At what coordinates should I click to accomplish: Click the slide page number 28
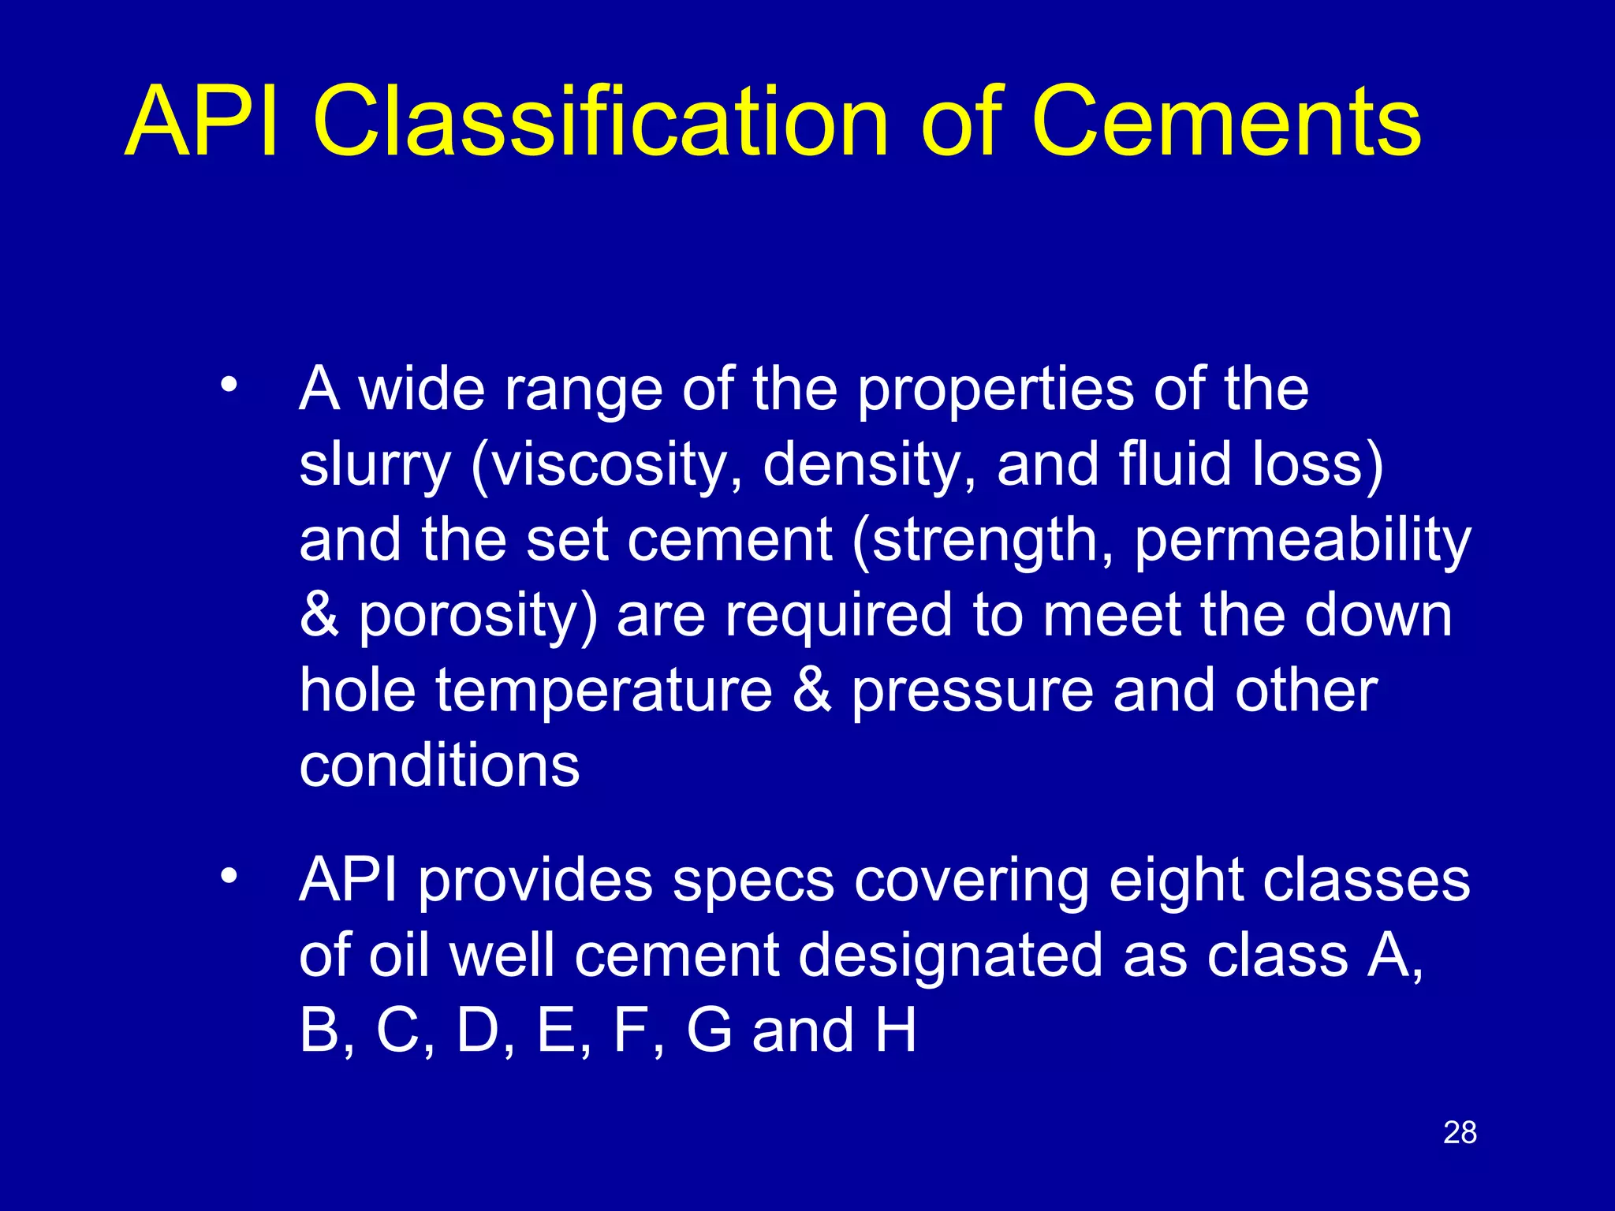click(1460, 1133)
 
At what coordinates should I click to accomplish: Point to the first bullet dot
click(229, 385)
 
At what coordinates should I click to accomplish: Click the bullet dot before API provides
click(229, 876)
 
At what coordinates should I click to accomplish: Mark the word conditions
click(439, 766)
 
